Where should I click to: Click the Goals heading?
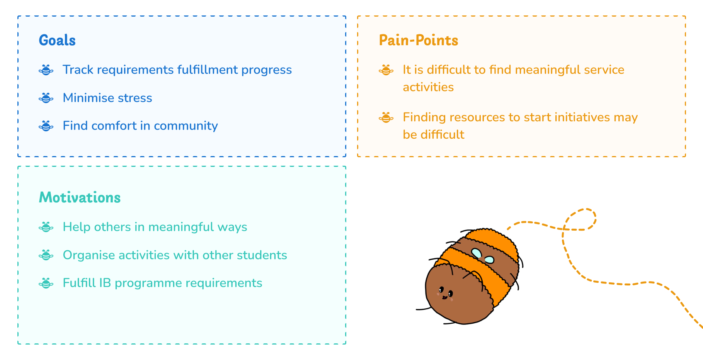click(x=57, y=40)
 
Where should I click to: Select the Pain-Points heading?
click(x=419, y=40)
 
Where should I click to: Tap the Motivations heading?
click(x=80, y=197)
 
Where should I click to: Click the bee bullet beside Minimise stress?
click(x=46, y=98)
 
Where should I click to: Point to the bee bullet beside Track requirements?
click(x=46, y=70)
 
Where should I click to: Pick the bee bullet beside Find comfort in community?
click(x=46, y=126)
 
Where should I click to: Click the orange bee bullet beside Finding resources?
click(x=386, y=117)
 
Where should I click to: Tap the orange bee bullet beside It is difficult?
click(x=386, y=70)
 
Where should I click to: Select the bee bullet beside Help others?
click(x=46, y=227)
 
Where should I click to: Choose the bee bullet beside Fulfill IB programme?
click(x=46, y=283)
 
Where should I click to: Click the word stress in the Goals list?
click(x=135, y=98)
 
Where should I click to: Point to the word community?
click(x=186, y=126)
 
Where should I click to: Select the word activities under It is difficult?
click(x=428, y=87)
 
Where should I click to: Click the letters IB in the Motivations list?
click(x=105, y=283)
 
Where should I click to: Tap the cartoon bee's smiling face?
click(x=445, y=293)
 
